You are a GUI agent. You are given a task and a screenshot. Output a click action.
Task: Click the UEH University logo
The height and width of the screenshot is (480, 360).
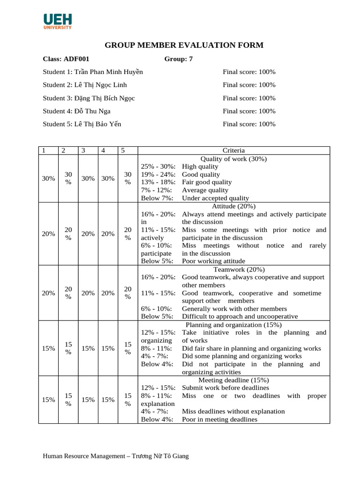(58, 22)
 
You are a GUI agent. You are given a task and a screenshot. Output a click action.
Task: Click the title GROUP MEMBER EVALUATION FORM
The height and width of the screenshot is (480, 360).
(184, 45)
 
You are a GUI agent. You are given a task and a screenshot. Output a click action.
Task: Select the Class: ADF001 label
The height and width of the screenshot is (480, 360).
(66, 59)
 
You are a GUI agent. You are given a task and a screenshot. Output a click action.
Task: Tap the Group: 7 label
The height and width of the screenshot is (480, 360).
(178, 59)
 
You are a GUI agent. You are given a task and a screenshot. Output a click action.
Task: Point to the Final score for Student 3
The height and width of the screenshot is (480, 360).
(249, 98)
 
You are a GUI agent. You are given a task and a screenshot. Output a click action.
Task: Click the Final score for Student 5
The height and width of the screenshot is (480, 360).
(249, 124)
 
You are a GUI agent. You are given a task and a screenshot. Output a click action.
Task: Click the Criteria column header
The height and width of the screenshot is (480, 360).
(233, 150)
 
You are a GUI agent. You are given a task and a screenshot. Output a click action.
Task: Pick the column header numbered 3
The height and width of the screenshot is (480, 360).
(83, 150)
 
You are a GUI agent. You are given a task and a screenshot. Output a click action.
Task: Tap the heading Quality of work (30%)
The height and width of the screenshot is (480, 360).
(233, 158)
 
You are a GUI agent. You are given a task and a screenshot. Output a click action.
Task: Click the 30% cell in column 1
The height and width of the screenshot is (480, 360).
(48, 178)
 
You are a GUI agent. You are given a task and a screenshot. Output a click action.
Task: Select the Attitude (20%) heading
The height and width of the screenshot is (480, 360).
(233, 206)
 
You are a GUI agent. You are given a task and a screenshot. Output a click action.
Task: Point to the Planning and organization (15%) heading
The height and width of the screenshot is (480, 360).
(233, 324)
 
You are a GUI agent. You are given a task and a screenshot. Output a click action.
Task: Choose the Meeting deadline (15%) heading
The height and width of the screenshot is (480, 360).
(233, 380)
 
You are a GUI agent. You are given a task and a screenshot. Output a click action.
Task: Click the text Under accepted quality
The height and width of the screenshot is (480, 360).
(215, 198)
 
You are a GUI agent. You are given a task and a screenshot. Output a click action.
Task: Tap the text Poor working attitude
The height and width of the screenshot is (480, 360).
(213, 261)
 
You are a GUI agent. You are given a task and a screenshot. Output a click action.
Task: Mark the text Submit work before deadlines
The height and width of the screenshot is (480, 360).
(225, 388)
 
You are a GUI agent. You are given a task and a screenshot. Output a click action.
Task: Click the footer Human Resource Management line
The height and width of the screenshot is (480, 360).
(115, 456)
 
